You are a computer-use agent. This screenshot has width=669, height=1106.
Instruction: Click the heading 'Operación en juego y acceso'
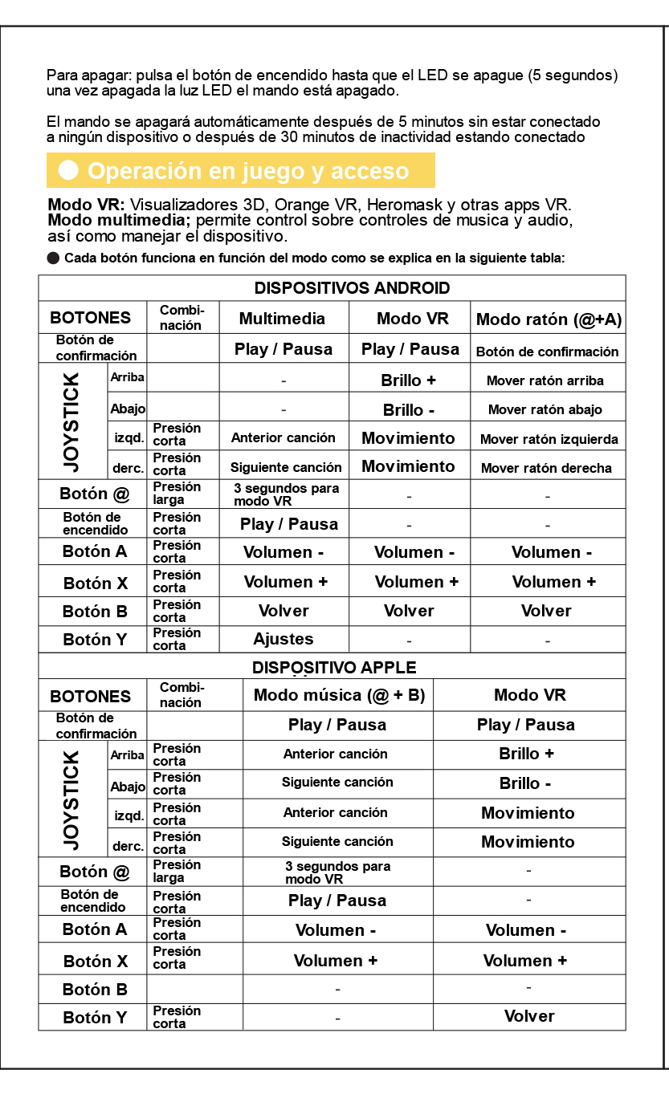pos(248,171)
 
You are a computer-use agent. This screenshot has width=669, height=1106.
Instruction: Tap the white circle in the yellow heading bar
pos(69,170)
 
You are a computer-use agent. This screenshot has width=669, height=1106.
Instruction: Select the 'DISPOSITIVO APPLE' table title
pos(334,668)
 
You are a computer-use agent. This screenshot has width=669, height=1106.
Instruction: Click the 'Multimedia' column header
pos(282,319)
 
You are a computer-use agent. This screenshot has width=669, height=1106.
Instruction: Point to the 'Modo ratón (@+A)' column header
pos(549,319)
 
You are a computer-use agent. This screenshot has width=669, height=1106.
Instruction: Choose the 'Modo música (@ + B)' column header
pos(339,695)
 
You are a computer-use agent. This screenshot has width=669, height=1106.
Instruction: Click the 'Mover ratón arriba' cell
pos(545,380)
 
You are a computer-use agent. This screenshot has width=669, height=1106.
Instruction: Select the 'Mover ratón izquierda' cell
pos(549,439)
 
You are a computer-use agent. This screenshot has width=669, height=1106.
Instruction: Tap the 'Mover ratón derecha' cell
pos(546,468)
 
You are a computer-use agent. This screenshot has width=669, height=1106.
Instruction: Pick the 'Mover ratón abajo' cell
pos(545,409)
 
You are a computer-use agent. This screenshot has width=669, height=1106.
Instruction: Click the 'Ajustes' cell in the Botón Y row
pos(284,640)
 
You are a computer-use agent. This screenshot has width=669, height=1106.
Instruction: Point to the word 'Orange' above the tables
pos(303,205)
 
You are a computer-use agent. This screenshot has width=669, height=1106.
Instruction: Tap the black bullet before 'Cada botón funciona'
pos(54,258)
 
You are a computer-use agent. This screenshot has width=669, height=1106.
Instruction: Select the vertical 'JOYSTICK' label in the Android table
pos(71,421)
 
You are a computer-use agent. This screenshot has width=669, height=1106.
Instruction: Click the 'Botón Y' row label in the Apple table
pos(95,1018)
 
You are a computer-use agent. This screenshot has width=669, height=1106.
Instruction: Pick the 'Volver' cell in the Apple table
pos(529,1016)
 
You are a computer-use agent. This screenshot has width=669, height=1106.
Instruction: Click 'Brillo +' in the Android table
pos(409,380)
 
